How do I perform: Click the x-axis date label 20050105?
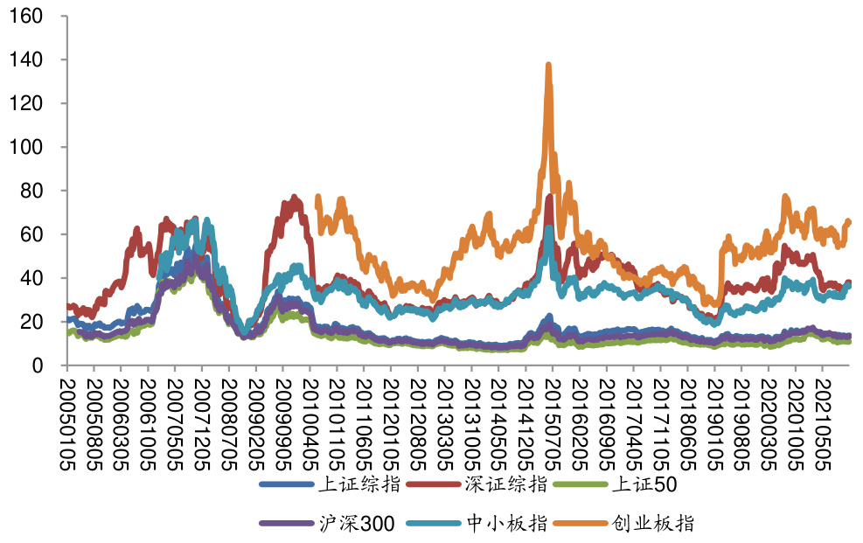[66, 422]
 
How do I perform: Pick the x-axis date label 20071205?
[202, 422]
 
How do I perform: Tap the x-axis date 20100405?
[310, 422]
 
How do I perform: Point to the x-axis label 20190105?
[715, 422]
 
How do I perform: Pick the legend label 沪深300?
[359, 523]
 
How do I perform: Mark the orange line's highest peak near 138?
[548, 65]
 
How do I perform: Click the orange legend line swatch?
[582, 523]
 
